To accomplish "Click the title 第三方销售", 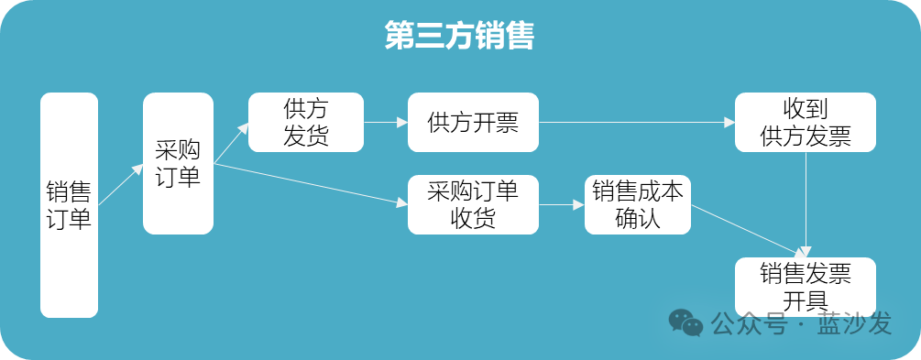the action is coord(459,35).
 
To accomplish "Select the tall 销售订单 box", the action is coord(70,205).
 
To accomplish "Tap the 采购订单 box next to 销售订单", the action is coord(178,163).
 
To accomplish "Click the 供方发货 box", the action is coord(306,122).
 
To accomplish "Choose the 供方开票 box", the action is coord(474,122).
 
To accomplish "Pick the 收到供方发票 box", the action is coord(806,122).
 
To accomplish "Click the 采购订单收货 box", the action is coord(474,204).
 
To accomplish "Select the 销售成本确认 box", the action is coord(638,204).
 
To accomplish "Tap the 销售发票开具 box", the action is coord(806,288).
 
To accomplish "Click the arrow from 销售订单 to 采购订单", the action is coord(120,184).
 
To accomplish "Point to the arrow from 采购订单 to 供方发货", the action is coord(231,143).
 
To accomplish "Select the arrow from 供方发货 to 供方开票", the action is coord(386,122).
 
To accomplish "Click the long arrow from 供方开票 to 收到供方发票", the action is coord(637,122).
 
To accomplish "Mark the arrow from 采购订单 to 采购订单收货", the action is coord(311,184).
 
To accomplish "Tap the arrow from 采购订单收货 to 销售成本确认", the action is coord(562,204).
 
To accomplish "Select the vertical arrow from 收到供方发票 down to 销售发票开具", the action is coord(806,205).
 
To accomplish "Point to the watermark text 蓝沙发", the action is coord(854,323).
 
